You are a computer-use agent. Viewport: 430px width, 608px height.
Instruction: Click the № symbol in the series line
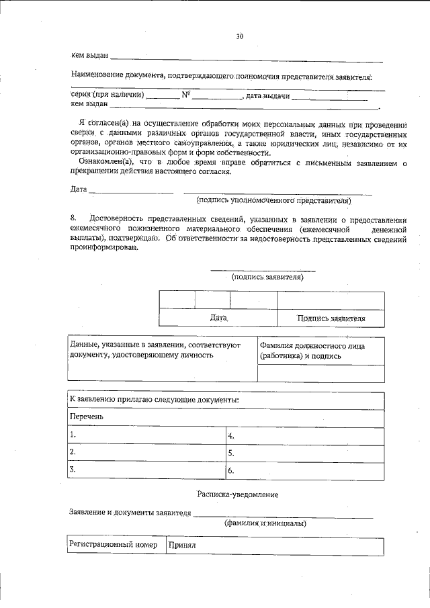(186, 95)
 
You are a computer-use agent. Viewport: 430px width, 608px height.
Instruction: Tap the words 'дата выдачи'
(268, 96)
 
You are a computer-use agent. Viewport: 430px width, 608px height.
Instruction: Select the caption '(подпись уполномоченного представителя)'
(274, 200)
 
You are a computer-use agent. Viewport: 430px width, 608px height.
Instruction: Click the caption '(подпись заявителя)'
(267, 276)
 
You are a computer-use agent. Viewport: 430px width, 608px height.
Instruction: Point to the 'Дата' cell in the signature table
(219, 317)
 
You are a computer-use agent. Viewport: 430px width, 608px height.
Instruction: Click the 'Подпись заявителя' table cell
(331, 318)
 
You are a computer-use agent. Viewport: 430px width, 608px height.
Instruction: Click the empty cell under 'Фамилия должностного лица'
(320, 373)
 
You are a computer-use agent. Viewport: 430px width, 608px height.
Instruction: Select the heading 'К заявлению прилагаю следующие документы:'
(155, 400)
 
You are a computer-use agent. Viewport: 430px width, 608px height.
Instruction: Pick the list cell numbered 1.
(146, 435)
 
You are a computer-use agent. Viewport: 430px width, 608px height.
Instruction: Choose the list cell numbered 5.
(304, 453)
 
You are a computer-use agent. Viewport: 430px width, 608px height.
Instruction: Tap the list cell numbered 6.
(304, 471)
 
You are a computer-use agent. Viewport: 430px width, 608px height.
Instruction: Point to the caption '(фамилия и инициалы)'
(265, 523)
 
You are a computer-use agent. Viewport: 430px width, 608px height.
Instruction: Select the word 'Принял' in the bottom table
(181, 545)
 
